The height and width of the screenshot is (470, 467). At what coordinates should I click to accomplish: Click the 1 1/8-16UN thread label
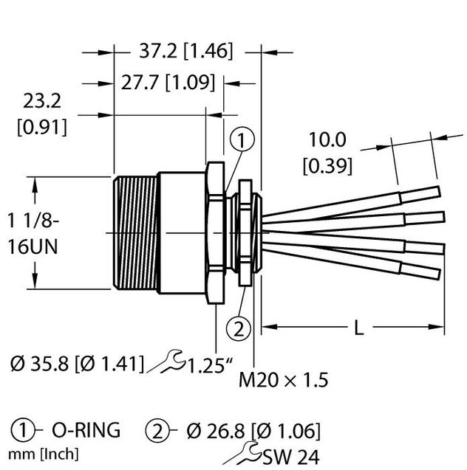[34, 232]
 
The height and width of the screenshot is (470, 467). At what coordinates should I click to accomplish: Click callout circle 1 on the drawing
[243, 139]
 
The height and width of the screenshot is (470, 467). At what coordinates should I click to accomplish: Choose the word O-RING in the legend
[84, 430]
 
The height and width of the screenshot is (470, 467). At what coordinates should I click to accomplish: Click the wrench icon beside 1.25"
[168, 362]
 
